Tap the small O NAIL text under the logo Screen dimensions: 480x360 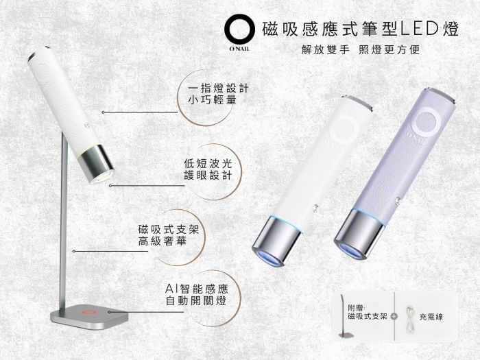239,49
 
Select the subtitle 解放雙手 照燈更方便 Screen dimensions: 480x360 361,49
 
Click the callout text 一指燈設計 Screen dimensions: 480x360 218,88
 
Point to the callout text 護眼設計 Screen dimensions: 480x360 208,176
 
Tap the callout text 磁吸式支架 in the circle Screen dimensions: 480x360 169,229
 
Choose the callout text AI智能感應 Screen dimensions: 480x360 197,289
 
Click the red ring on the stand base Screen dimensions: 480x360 88,313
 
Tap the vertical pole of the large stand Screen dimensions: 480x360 63,220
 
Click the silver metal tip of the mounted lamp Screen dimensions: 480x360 97,164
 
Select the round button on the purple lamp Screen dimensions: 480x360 427,121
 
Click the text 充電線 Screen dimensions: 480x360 431,317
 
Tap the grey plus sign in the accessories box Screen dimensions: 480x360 394,316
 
